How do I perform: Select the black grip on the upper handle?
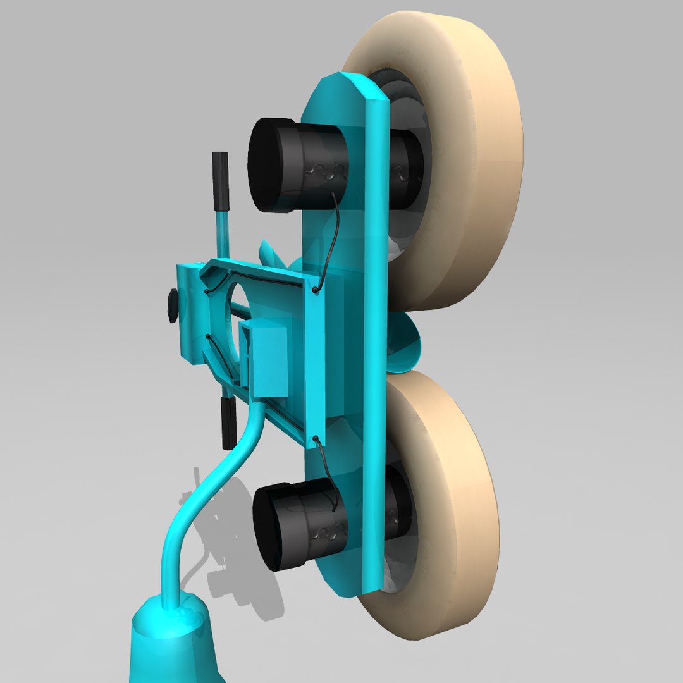point(220,181)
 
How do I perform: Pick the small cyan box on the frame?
point(269,357)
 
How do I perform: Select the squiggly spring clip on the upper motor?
point(329,169)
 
